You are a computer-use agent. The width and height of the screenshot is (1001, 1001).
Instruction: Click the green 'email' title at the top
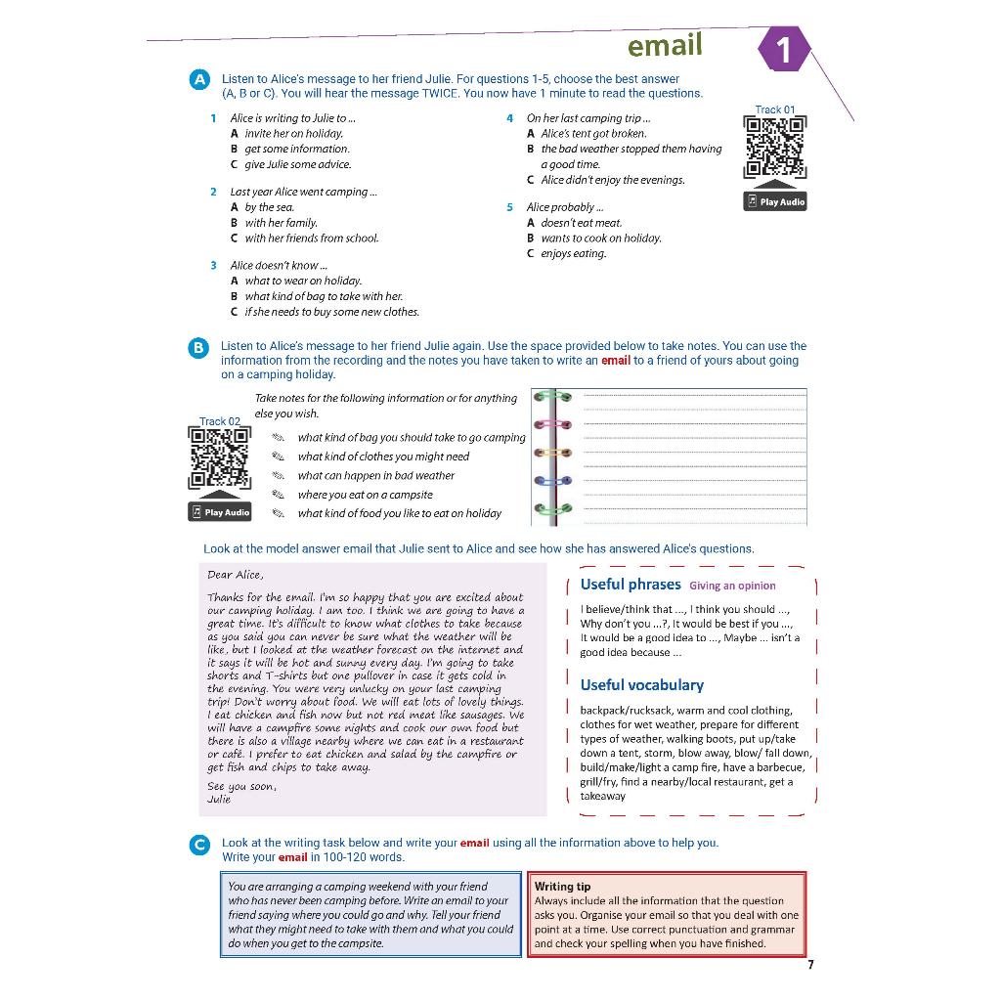coord(665,46)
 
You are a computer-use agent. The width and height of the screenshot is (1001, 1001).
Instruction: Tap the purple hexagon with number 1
coord(782,49)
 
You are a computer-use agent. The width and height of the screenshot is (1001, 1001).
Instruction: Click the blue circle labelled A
coord(199,79)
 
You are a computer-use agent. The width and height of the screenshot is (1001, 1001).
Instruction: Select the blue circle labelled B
coord(198,347)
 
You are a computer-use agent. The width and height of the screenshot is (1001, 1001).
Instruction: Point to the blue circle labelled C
coord(199,844)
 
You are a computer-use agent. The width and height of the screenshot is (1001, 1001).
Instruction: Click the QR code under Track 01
coord(775,148)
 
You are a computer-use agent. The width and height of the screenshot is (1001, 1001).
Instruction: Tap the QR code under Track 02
coord(220,458)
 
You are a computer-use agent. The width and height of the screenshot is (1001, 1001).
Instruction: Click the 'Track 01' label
coord(775,109)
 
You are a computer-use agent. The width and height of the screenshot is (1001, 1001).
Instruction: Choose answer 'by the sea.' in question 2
coord(269,207)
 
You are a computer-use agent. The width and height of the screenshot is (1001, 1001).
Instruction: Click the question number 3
coord(213,265)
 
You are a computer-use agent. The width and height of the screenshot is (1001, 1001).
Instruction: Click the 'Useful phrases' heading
coord(631,585)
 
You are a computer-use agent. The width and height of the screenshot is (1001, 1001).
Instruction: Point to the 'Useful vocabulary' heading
coord(641,685)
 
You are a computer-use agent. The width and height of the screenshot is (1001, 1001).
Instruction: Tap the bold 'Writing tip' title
coord(562,887)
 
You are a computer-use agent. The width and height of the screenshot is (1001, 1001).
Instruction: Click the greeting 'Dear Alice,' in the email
coord(235,575)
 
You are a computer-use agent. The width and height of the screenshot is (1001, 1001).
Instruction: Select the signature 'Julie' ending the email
coord(219,800)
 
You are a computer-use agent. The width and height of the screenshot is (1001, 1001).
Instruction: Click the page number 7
coord(810,965)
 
